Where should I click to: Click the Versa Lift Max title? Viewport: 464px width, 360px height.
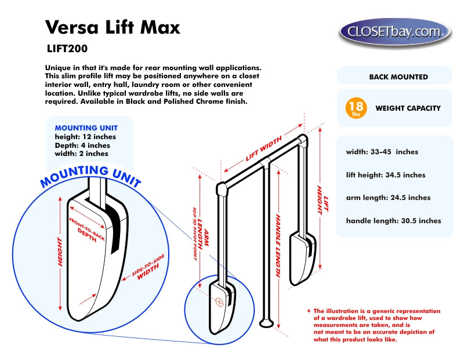click(113, 27)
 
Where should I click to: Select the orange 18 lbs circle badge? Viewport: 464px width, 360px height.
click(356, 108)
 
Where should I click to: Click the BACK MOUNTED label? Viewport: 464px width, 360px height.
click(398, 77)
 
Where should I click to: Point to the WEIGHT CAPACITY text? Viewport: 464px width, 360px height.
click(408, 108)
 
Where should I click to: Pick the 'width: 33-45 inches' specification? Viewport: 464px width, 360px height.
click(382, 152)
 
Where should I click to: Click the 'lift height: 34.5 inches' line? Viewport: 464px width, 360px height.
click(386, 174)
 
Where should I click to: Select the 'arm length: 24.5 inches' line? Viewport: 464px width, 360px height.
click(388, 198)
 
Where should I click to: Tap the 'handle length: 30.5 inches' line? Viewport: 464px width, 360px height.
click(393, 220)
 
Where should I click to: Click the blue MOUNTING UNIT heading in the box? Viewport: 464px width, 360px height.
click(86, 128)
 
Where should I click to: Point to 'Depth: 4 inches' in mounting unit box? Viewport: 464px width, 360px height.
click(82, 146)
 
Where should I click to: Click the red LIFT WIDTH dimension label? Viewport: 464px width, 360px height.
click(264, 148)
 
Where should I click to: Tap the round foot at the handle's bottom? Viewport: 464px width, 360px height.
click(267, 320)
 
